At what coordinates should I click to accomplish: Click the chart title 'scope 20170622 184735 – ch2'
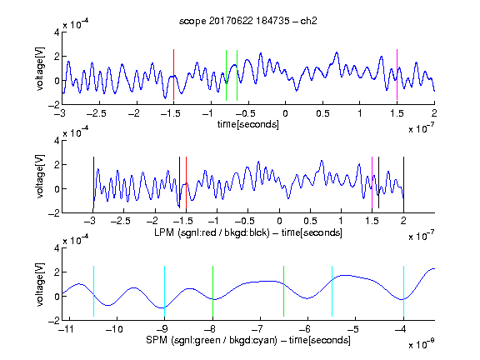pos(247,21)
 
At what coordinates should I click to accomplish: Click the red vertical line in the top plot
pos(173,75)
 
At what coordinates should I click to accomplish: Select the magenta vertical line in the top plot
pos(397,75)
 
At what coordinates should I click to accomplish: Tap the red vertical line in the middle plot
pos(186,182)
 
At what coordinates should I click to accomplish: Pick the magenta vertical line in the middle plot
pos(372,182)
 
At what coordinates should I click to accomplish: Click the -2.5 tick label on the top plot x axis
pos(97,113)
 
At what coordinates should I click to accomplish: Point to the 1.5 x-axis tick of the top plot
pos(397,113)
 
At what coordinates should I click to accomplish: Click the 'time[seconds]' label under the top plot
pos(248,124)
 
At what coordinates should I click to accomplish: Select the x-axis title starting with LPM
pos(248,232)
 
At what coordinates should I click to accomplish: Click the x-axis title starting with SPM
pos(248,340)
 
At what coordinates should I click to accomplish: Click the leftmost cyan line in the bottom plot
pos(93,291)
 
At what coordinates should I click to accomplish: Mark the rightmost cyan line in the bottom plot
pos(404,291)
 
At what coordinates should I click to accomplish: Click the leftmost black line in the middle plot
pos(93,182)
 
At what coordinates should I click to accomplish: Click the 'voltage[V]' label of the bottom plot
pos(40,284)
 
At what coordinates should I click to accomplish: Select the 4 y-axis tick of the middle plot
pos(57,141)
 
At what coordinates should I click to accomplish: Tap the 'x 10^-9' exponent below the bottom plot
pos(422,344)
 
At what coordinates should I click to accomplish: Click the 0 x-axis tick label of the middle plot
pos(279,221)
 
